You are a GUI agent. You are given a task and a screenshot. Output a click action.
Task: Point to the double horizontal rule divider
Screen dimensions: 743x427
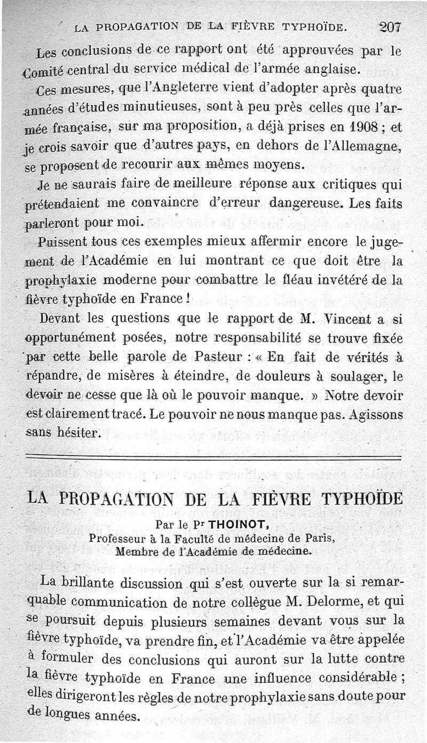(213, 457)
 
